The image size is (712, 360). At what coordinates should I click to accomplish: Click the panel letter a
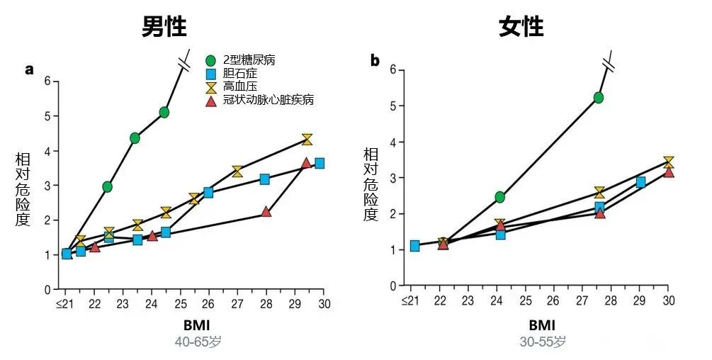pos(30,69)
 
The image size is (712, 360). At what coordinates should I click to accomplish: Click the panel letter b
pos(375,61)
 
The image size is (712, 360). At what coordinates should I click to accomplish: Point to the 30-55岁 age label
pos(541,342)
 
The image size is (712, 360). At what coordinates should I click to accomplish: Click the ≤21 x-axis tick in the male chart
pos(65,303)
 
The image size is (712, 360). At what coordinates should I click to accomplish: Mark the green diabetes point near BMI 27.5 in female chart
pos(599,98)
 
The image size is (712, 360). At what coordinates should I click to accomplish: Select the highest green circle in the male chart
pos(164,112)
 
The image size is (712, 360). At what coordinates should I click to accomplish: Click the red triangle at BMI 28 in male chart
pos(266,211)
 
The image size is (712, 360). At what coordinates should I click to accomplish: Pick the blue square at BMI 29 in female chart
pos(640,182)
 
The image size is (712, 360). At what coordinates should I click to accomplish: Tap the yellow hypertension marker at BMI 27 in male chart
pos(237,171)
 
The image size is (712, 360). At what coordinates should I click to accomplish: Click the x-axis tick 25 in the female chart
pos(525,300)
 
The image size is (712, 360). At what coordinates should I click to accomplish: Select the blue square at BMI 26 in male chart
pos(208,192)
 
